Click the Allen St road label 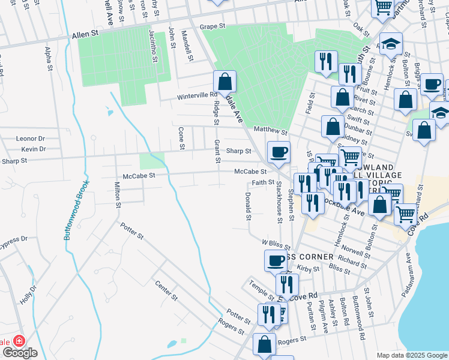click(85, 36)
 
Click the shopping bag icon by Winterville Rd click(224, 82)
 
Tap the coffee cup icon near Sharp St click(278, 152)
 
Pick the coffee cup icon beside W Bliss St click(276, 260)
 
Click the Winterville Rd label click(196, 95)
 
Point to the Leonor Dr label click(31, 138)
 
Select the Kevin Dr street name click(33, 149)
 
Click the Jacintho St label click(154, 47)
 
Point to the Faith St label click(263, 182)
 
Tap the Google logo click(19, 352)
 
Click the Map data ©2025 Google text click(411, 355)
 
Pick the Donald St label click(247, 206)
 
